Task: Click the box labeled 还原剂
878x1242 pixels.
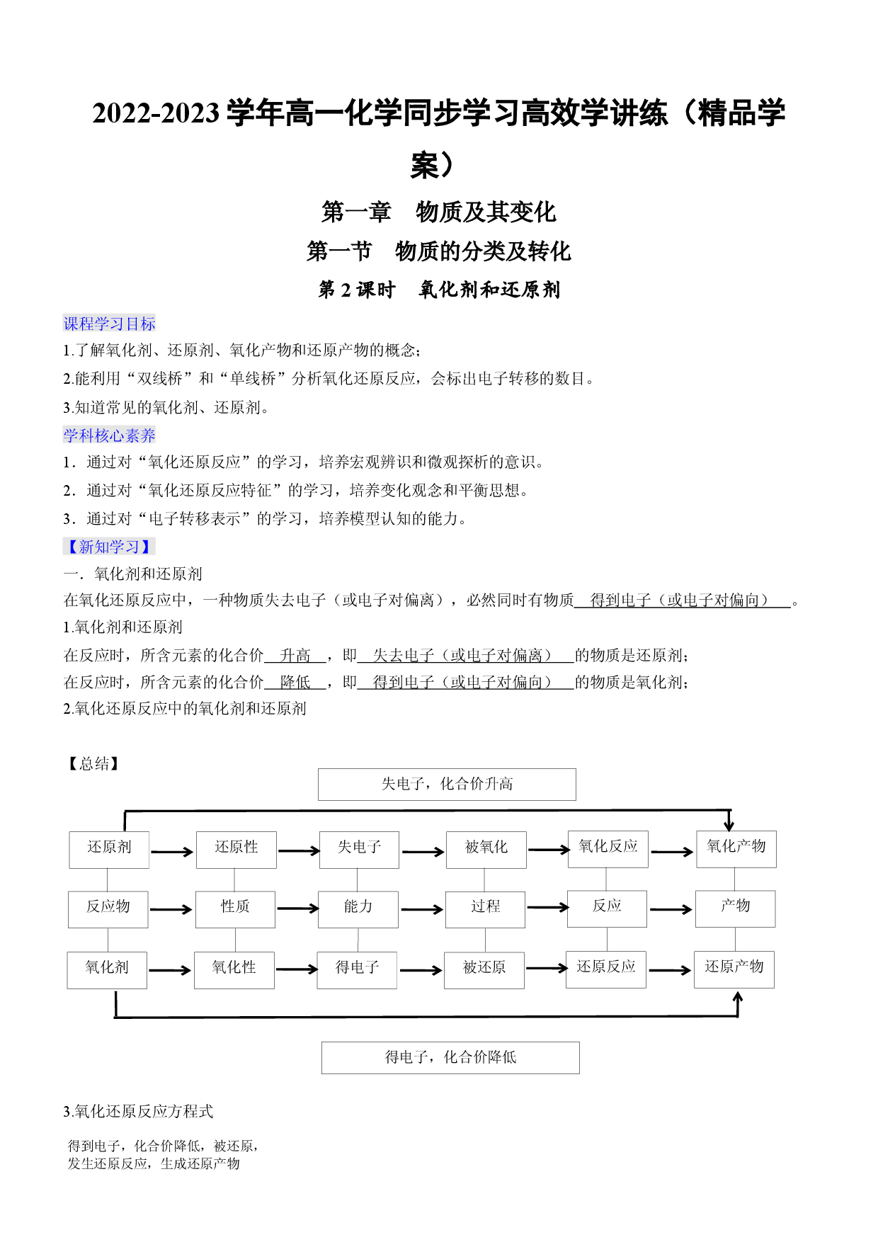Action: click(109, 850)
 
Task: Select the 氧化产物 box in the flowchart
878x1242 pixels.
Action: click(736, 849)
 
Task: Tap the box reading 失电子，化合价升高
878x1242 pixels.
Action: click(447, 785)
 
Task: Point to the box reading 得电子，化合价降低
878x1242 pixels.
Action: click(450, 1058)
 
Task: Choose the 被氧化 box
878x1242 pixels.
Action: click(486, 850)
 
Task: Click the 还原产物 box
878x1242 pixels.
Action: click(734, 969)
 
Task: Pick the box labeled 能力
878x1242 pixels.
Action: click(358, 910)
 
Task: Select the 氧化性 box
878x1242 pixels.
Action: click(234, 970)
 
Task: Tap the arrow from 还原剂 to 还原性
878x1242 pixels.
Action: click(172, 852)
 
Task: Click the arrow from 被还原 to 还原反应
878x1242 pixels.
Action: click(547, 968)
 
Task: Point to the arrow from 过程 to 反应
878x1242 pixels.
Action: click(548, 907)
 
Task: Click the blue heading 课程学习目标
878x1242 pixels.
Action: click(109, 324)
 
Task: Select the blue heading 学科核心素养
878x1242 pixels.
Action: click(109, 435)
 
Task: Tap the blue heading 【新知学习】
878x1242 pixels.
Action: click(109, 547)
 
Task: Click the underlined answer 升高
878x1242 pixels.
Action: click(295, 656)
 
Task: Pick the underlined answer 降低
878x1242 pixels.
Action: click(295, 682)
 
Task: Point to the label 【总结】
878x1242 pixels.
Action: click(93, 763)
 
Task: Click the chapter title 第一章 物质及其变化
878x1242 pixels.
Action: click(438, 212)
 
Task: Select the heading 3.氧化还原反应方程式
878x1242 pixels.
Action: click(138, 1112)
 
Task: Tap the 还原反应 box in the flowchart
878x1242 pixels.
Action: click(606, 969)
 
